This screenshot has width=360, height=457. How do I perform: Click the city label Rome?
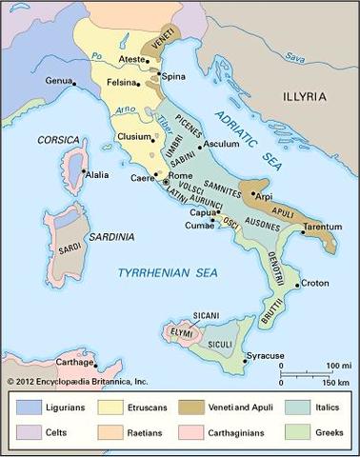181,176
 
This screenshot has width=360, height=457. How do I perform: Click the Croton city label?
315,283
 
